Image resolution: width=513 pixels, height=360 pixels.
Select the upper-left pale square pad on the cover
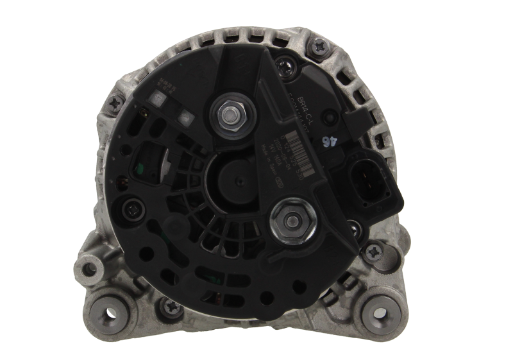point(155,98)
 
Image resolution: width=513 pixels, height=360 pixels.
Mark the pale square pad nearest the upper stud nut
point(185,118)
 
